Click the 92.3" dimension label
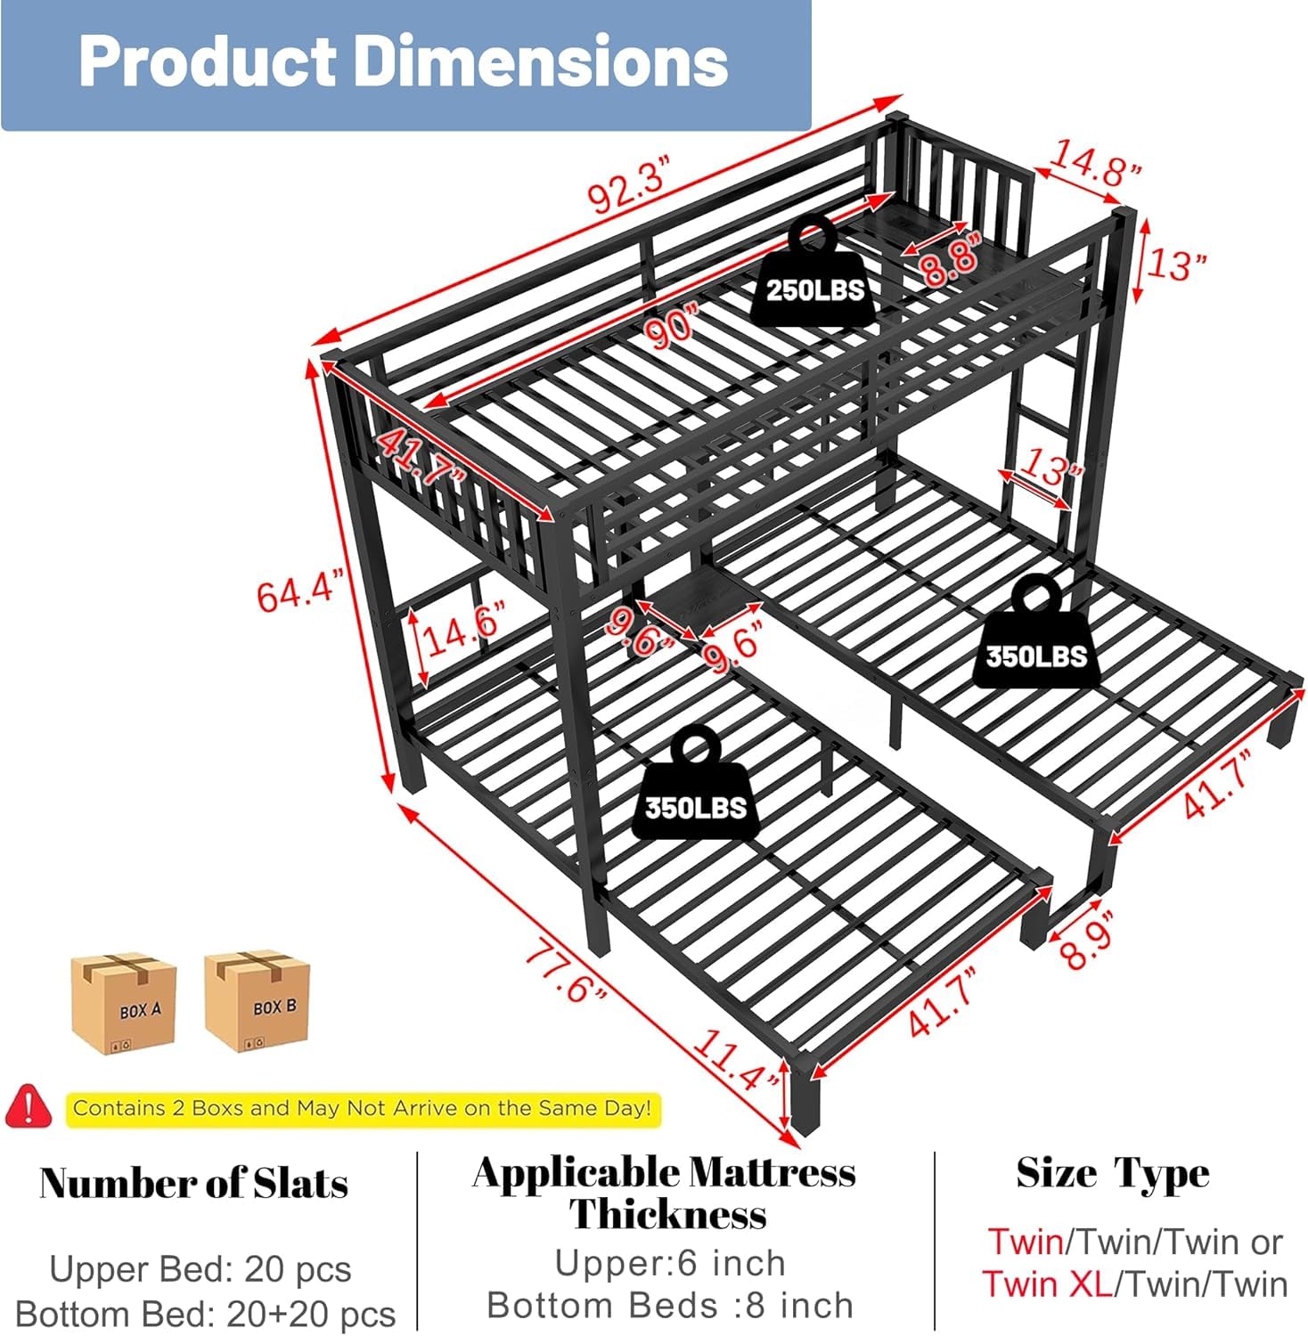[629, 183]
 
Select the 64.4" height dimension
[299, 592]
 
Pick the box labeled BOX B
[258, 1000]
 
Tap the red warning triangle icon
[29, 1106]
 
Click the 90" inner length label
[674, 325]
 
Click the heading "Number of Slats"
[194, 1184]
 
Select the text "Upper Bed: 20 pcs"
[200, 1269]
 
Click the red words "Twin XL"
[1048, 1284]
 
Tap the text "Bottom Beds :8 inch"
[670, 1306]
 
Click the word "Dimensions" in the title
[543, 61]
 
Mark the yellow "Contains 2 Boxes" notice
[363, 1109]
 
